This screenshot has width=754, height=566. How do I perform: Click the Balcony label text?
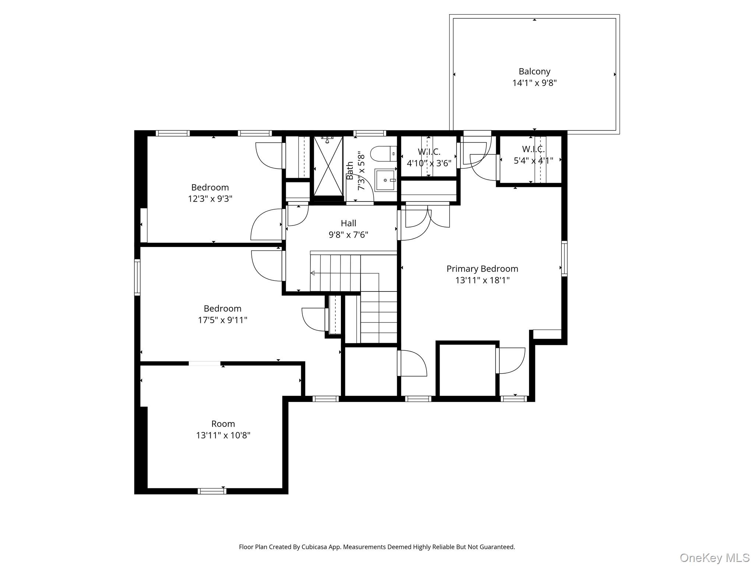coord(534,71)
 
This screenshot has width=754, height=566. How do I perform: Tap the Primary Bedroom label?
coord(482,269)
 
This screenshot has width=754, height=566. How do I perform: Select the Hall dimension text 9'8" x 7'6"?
coord(348,235)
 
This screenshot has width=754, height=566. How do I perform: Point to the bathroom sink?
coord(385,180)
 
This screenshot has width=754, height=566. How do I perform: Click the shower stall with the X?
coord(328,166)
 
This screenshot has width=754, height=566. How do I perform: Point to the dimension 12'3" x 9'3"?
coord(210,199)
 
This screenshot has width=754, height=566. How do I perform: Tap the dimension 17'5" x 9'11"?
coord(222,320)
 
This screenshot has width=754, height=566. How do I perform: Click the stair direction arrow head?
coord(313,273)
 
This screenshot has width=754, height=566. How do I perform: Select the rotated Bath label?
coord(350,171)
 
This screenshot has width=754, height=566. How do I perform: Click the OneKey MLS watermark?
coord(714,558)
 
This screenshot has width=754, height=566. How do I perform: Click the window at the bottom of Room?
coord(212,491)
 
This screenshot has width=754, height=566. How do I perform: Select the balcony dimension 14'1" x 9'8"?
coord(534,83)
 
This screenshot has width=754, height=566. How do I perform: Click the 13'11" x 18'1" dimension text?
coord(482,280)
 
